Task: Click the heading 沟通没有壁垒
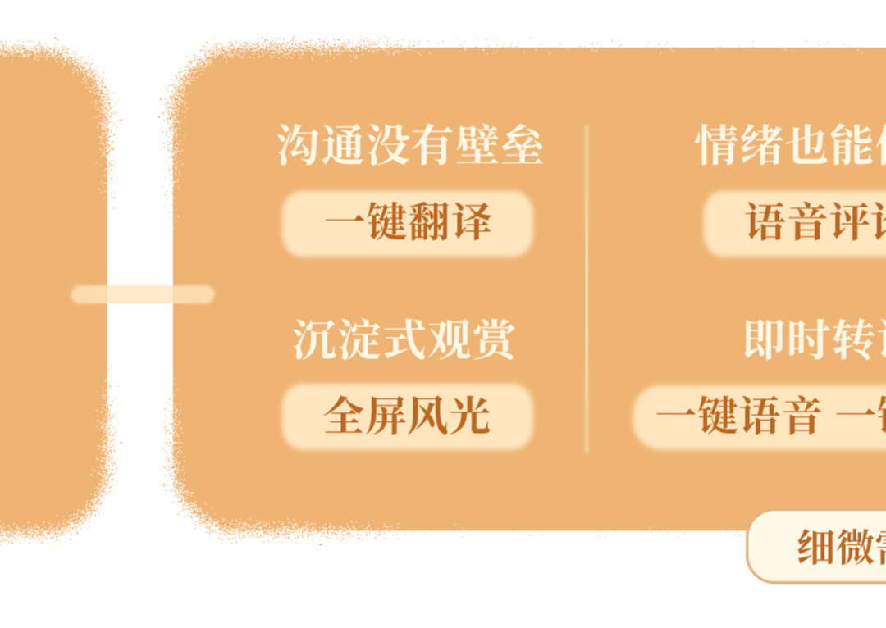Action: tap(409, 146)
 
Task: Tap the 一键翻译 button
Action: tap(408, 223)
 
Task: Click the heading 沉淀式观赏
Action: tap(404, 339)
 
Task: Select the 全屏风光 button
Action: tap(407, 416)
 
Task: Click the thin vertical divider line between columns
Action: tap(587, 287)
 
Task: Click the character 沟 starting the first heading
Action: tap(298, 146)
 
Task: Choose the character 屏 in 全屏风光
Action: tap(386, 416)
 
